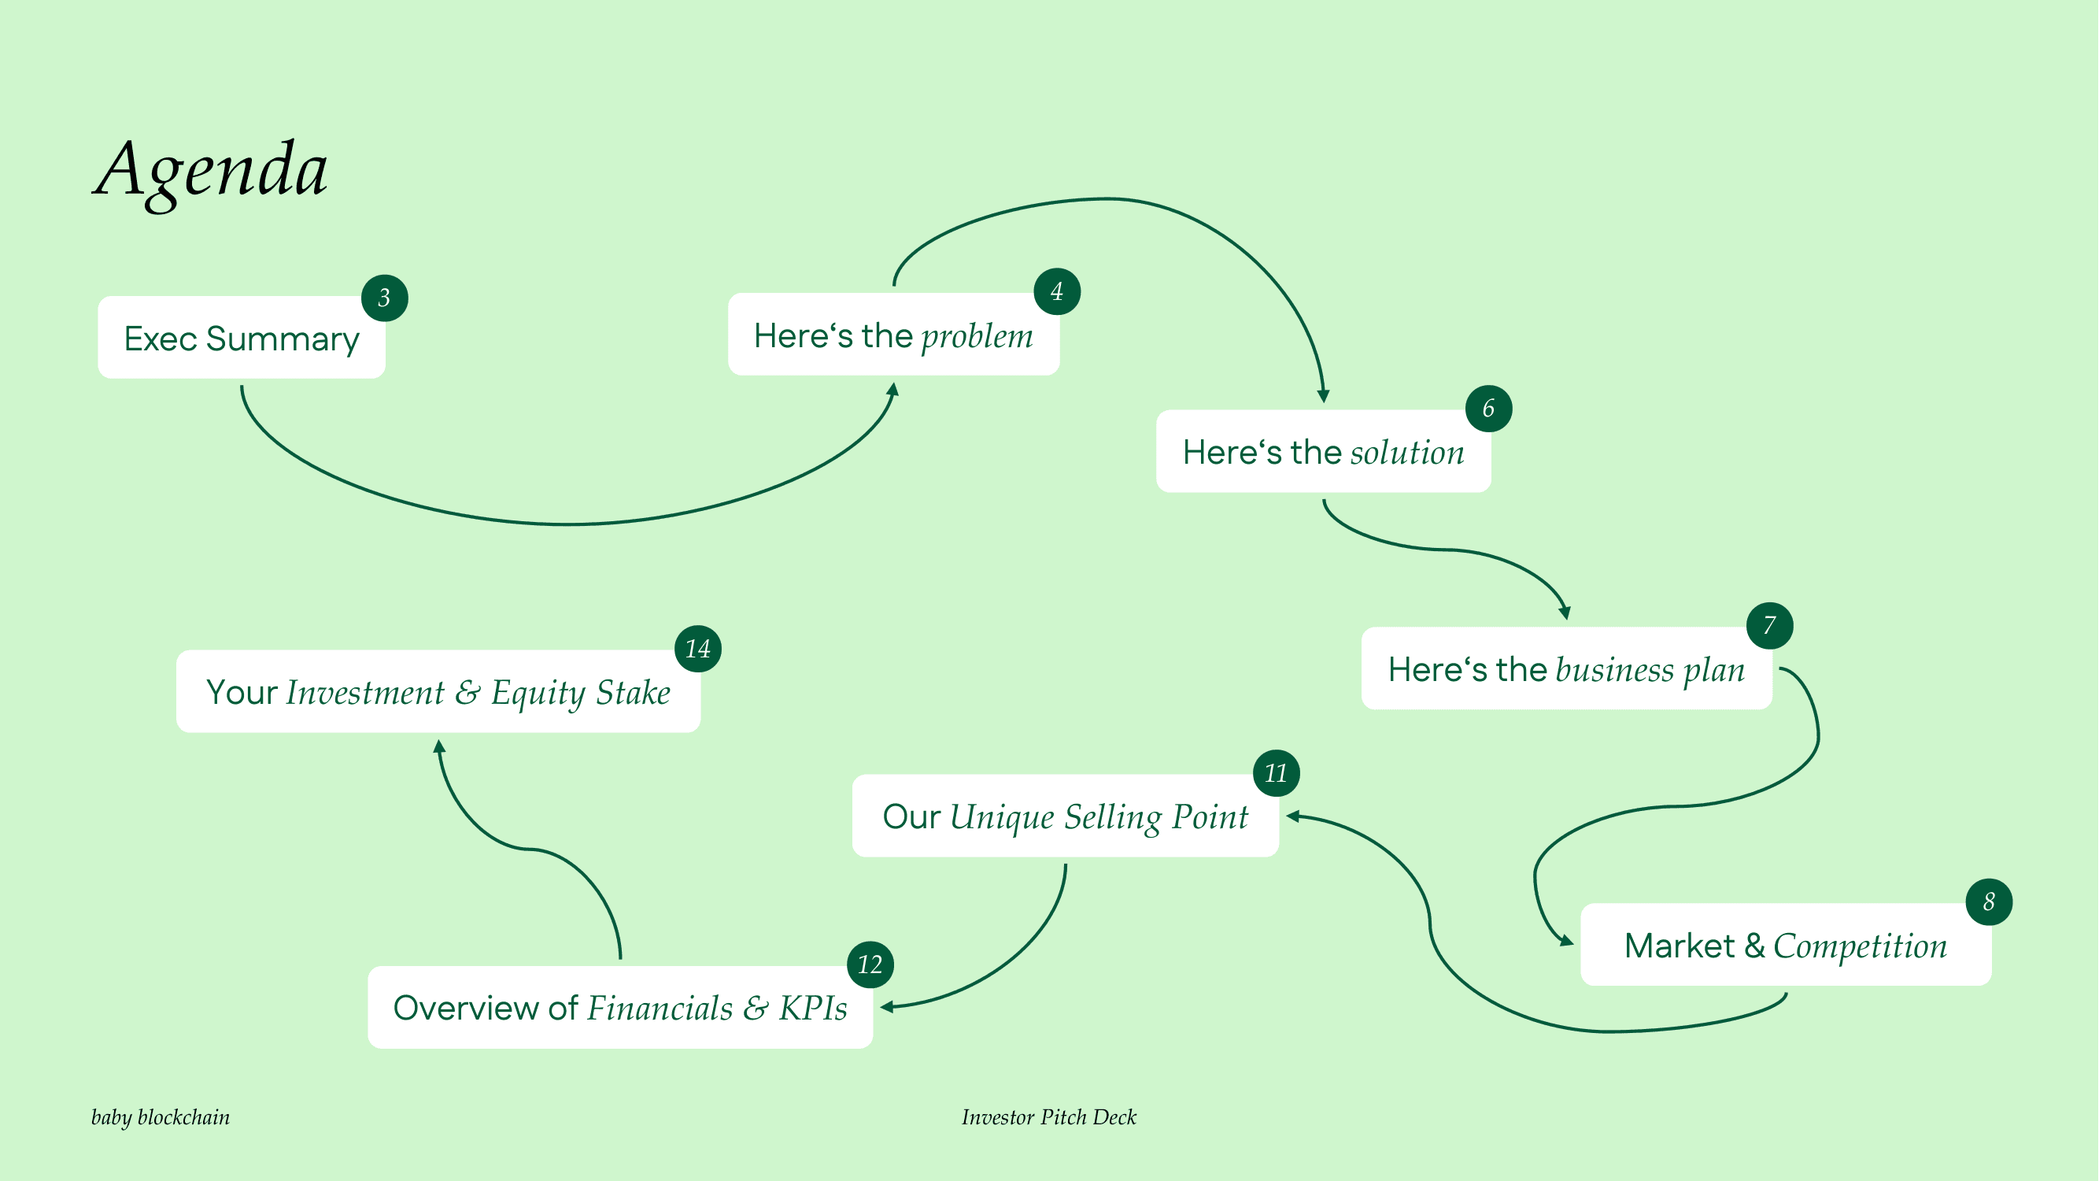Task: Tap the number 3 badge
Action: [385, 298]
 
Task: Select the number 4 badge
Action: [1057, 292]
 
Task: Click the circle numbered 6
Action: [1489, 409]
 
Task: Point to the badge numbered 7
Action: [1770, 626]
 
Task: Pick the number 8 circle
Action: [1989, 902]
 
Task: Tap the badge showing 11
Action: [1276, 772]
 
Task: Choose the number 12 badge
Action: [870, 965]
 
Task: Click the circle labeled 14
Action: [698, 649]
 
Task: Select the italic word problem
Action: [977, 336]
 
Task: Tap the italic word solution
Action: [1407, 453]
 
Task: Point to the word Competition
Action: [1861, 946]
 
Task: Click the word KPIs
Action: [813, 1009]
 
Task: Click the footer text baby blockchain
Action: [161, 1117]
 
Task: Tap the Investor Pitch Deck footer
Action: [1048, 1117]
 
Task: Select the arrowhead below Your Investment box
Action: [439, 746]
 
